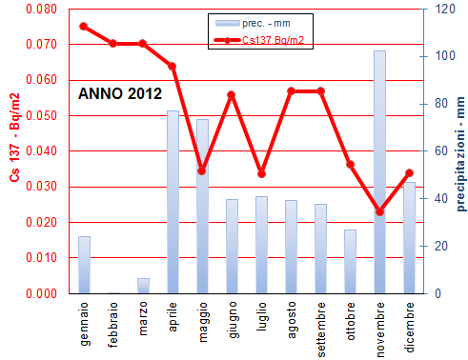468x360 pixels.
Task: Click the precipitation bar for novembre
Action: click(x=379, y=171)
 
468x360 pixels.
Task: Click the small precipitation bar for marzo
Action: click(x=143, y=286)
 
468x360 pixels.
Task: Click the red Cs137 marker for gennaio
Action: click(x=84, y=26)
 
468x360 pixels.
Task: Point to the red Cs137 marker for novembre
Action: click(x=379, y=211)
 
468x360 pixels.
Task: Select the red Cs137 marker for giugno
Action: click(x=232, y=94)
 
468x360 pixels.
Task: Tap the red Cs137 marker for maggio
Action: click(x=202, y=170)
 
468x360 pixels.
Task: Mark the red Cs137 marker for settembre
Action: click(x=320, y=90)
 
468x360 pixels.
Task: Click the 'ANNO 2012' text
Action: click(x=119, y=93)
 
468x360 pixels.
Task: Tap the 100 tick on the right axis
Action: click(x=435, y=56)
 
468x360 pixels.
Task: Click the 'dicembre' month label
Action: click(x=409, y=325)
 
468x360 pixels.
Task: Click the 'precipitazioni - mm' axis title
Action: click(x=458, y=152)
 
